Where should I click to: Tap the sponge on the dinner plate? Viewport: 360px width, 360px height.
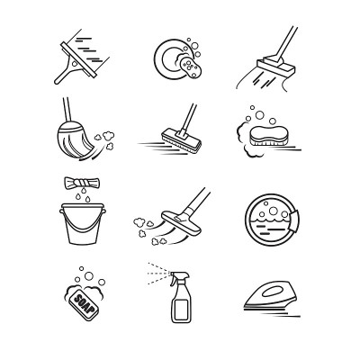tap(191, 66)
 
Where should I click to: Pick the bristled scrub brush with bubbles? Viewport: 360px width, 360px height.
tap(268, 136)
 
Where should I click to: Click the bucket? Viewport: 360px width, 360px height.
tap(83, 223)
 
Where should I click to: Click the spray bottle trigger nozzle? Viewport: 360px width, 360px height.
tap(179, 277)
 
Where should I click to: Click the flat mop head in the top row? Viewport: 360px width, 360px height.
tap(275, 66)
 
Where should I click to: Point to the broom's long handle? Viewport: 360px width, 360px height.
tap(67, 111)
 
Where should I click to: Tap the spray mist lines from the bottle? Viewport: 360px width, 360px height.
tap(159, 273)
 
